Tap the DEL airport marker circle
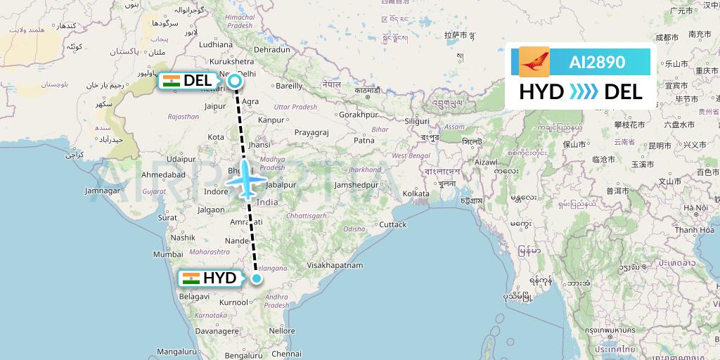(235, 82)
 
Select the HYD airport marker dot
(257, 278)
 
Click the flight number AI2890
(597, 62)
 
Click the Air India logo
(534, 62)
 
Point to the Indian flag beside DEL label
(171, 81)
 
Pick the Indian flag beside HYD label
(191, 278)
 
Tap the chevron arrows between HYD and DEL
(584, 91)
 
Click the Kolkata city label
(416, 193)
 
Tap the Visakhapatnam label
(335, 265)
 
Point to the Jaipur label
(215, 106)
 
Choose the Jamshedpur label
(356, 185)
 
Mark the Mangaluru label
(176, 352)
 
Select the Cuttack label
(393, 225)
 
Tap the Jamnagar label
(103, 191)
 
